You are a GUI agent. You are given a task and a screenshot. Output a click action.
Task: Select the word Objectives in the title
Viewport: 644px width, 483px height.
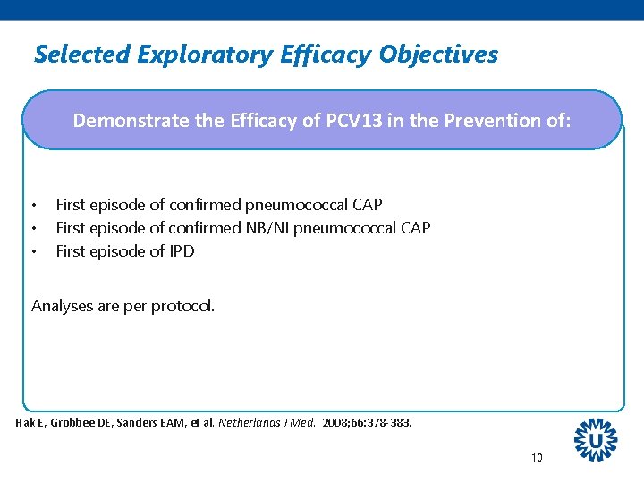[x=438, y=55]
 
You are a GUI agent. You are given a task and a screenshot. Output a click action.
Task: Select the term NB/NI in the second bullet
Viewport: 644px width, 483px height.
[x=269, y=228]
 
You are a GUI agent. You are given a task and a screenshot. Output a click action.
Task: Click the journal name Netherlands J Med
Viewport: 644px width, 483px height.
[x=267, y=422]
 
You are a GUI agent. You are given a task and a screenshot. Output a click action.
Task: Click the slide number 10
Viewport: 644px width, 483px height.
[x=537, y=458]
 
